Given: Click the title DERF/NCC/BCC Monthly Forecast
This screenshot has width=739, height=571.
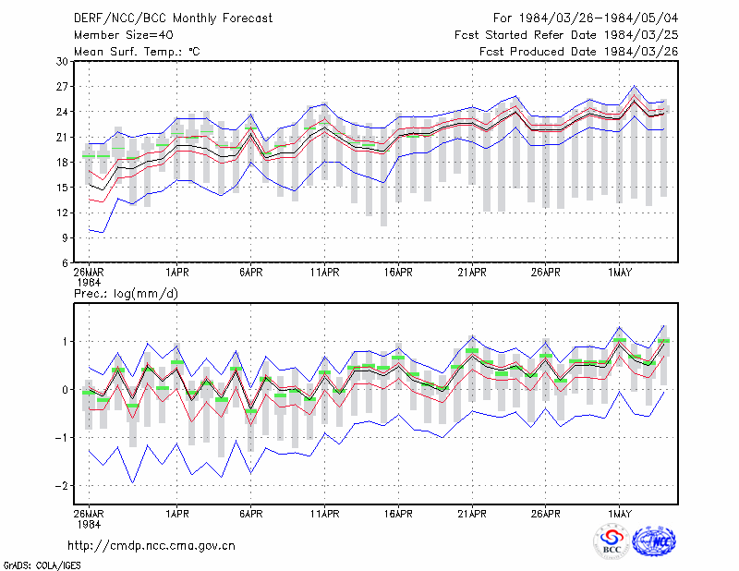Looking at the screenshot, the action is [173, 18].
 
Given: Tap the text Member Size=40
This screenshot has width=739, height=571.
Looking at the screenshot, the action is [124, 35].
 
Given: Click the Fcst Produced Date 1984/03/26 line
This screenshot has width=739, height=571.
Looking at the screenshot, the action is [579, 52].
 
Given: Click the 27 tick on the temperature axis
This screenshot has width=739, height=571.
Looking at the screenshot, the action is [62, 87].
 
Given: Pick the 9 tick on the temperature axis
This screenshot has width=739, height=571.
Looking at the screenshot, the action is [65, 237].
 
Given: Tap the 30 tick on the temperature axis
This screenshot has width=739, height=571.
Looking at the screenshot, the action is [62, 61].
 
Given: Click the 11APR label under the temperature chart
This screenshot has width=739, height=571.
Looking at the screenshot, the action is [325, 272].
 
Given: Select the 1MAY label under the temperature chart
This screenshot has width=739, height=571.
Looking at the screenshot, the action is [619, 272].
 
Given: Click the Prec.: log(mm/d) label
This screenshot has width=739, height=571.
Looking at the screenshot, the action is [126, 294].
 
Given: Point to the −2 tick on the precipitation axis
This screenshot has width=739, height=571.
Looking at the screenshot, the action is [62, 486].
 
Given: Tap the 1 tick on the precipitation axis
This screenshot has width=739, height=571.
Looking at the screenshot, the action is [66, 341].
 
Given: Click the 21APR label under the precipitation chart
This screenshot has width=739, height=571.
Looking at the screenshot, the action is [472, 514].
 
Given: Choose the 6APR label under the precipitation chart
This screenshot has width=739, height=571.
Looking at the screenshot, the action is [250, 514].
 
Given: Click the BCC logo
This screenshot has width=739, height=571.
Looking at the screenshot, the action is [612, 541].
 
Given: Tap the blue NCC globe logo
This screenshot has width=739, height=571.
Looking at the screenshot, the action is [655, 541].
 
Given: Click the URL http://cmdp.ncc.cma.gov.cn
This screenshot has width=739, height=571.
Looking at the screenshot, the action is [151, 546].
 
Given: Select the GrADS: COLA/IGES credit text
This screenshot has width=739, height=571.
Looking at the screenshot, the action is [42, 565].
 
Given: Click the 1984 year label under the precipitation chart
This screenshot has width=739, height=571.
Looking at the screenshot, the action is [89, 524].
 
